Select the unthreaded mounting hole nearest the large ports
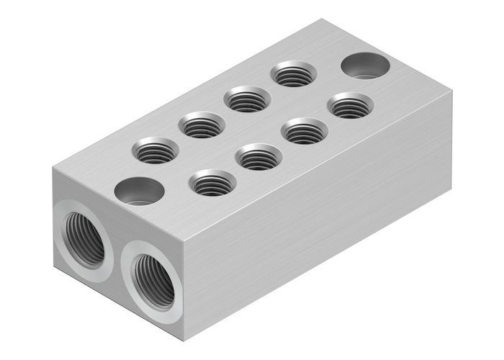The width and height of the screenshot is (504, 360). (x=139, y=191)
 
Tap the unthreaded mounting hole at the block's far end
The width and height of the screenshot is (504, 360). (x=365, y=66)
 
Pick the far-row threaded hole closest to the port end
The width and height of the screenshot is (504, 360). (x=156, y=150)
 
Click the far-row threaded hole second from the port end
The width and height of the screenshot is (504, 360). (x=202, y=126)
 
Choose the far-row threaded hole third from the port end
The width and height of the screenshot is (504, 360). (x=248, y=99)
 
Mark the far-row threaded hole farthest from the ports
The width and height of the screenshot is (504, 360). (x=294, y=74)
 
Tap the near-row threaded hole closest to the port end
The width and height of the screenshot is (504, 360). (x=213, y=183)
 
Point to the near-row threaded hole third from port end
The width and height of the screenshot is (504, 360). (x=305, y=131)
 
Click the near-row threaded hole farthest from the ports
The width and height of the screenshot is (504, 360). (x=351, y=106)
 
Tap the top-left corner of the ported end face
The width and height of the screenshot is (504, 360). (x=54, y=168)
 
